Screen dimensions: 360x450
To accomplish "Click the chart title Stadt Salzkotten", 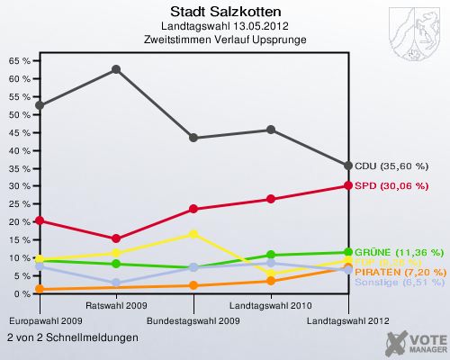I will coord(225,12).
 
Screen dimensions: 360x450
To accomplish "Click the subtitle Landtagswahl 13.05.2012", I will coord(225,26).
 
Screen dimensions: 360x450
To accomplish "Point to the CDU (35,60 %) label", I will coord(397,166).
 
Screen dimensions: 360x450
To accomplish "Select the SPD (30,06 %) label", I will coord(396,186).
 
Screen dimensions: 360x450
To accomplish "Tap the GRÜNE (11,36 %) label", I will coord(399,252).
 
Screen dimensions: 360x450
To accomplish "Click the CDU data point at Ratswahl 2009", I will coord(116,69).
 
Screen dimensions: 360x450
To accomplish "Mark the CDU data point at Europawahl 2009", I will coord(39,105).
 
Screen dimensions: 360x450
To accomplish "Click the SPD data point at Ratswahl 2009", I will coord(116,238).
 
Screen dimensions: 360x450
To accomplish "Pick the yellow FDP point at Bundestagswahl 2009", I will coord(193,234).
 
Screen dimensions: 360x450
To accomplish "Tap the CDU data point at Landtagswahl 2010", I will coord(271,130).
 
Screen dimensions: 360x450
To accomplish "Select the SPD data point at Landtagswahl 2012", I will coord(348,185).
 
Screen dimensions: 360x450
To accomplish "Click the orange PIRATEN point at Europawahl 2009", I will coord(39,289).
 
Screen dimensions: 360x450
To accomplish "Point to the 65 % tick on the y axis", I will coord(19,61).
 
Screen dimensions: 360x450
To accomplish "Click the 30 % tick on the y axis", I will coord(19,186).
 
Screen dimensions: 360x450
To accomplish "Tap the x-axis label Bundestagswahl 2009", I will coord(193,320).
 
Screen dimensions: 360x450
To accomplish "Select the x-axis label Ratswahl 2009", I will coord(116,305).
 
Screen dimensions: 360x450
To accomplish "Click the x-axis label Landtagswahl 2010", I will coord(271,305).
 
